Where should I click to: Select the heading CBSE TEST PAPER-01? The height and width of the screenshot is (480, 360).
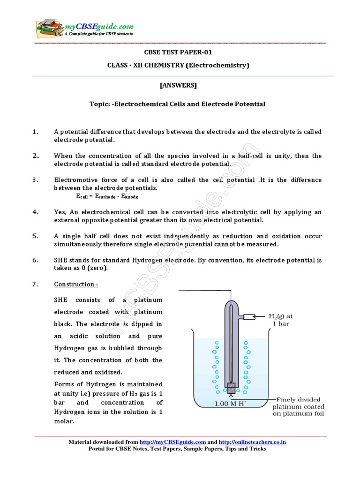click(178, 52)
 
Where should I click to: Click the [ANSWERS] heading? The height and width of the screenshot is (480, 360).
click(178, 85)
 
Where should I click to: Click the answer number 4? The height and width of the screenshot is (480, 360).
click(35, 212)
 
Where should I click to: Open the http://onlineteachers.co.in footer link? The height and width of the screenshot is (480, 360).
click(252, 442)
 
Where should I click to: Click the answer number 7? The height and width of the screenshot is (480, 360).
click(35, 284)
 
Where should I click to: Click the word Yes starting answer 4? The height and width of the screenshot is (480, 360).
click(60, 212)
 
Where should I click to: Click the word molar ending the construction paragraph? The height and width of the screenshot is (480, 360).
click(65, 421)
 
